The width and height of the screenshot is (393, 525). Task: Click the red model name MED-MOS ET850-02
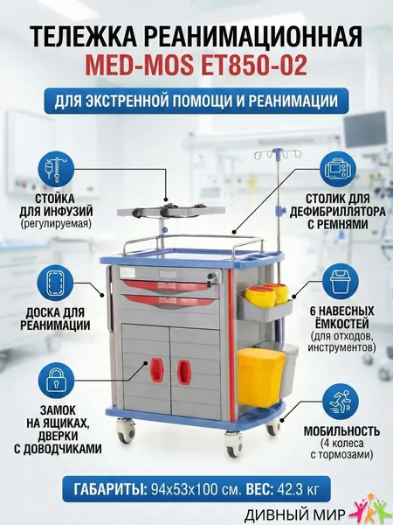coord(196,65)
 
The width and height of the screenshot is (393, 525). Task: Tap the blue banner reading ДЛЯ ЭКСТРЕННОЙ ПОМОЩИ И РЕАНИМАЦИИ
coord(196,101)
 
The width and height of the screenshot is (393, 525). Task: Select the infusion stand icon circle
coord(55,171)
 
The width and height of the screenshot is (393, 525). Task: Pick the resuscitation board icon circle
coord(55,283)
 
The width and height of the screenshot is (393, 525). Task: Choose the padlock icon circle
coord(55,381)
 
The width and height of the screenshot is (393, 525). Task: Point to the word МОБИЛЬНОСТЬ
coord(341,430)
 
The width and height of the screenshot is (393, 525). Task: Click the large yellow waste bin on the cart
coord(261,377)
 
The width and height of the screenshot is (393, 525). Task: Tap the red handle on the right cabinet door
coord(183,371)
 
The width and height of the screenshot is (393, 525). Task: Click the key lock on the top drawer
coord(211,277)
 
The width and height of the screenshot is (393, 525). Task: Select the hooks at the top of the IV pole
coord(278,154)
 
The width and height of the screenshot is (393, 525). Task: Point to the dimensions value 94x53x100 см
coord(196,490)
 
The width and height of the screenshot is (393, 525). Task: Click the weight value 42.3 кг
coord(297,490)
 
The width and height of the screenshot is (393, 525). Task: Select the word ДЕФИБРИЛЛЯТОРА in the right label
coord(338,212)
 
